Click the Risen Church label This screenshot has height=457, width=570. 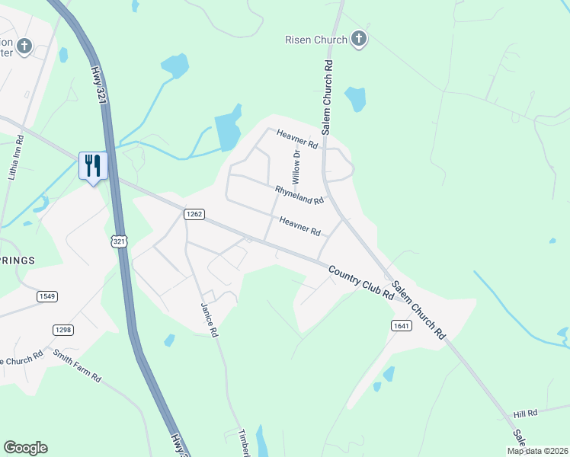pyautogui.click(x=316, y=40)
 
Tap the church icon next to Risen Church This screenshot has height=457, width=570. pyautogui.click(x=359, y=39)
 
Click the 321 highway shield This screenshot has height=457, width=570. pyautogui.click(x=119, y=241)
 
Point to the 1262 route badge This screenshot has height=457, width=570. pyautogui.click(x=194, y=215)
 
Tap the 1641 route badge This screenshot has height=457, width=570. pyautogui.click(x=402, y=325)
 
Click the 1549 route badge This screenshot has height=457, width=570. pyautogui.click(x=46, y=296)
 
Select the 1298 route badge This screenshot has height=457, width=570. pyautogui.click(x=63, y=329)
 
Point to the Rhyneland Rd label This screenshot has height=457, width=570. pyautogui.click(x=299, y=194)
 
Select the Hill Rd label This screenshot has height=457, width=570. pyautogui.click(x=525, y=413)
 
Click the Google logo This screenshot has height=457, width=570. pyautogui.click(x=25, y=448)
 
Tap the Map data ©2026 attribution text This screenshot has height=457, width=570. pyautogui.click(x=537, y=451)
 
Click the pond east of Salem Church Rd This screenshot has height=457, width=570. pyautogui.click(x=355, y=98)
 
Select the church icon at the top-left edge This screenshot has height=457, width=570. pyautogui.click(x=24, y=46)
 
